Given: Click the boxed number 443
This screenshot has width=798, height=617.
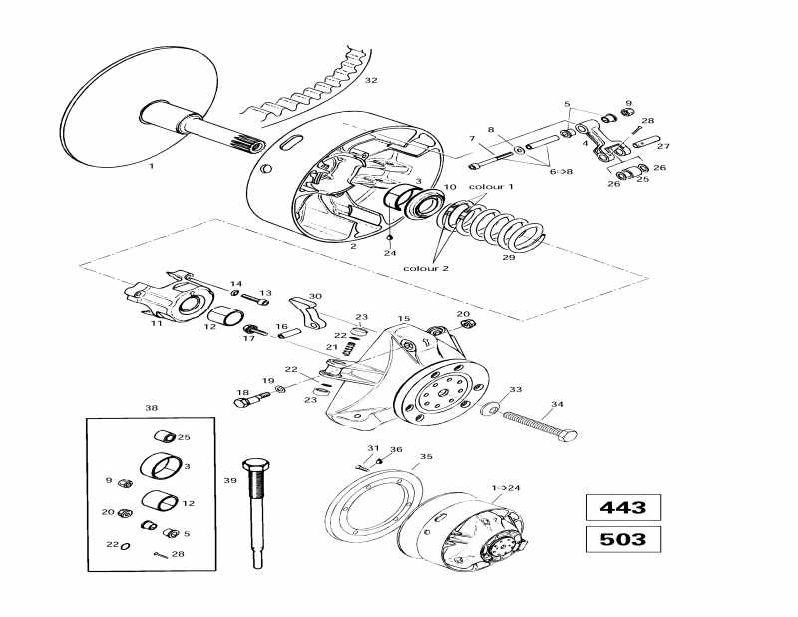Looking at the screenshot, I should [x=622, y=507].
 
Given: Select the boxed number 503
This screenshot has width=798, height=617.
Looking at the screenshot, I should [x=622, y=540].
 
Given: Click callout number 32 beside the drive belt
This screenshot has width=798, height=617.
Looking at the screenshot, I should [x=371, y=80].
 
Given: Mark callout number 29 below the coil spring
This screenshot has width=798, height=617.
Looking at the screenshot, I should [x=508, y=258].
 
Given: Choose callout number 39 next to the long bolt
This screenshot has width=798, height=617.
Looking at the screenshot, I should [x=230, y=480].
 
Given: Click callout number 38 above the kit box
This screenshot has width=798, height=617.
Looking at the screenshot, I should [x=151, y=408].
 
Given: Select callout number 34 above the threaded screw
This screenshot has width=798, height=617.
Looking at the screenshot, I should [x=557, y=404].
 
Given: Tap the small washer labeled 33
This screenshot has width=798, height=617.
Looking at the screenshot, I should [x=489, y=409].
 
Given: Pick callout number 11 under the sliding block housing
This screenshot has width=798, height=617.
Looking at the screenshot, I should [x=156, y=323].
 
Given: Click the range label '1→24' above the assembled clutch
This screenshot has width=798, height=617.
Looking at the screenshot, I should [x=506, y=487].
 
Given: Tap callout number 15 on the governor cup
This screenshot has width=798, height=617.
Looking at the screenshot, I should [x=404, y=319].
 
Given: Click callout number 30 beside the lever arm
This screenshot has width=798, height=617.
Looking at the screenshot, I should [x=316, y=296].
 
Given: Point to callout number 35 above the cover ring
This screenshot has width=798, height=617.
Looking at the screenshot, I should [x=426, y=456].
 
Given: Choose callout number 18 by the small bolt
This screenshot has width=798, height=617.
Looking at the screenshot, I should [x=241, y=392].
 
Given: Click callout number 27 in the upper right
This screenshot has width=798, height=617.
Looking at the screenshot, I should [x=664, y=146].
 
